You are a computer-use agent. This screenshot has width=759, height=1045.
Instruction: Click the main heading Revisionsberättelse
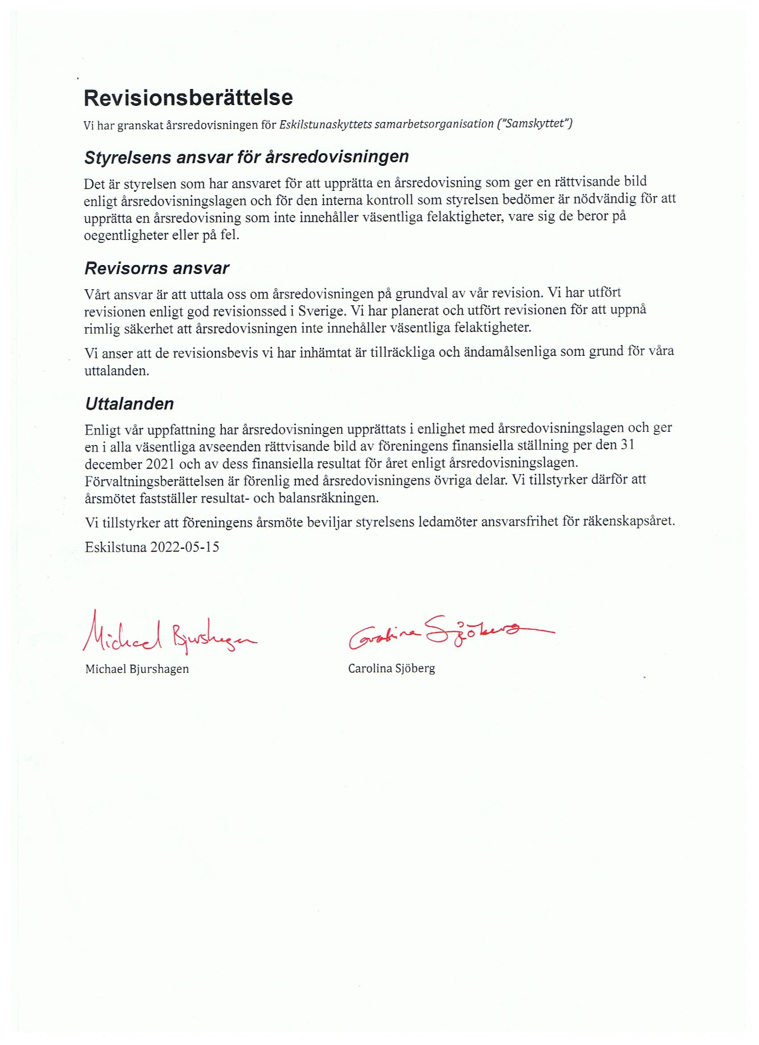(x=188, y=98)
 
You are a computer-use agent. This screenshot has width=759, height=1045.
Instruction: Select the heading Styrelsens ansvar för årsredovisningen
(x=246, y=157)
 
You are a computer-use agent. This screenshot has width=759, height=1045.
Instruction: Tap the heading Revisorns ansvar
(x=157, y=268)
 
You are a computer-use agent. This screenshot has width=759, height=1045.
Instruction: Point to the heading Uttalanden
(x=129, y=404)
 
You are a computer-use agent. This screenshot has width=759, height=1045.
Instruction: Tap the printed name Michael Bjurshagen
(x=137, y=669)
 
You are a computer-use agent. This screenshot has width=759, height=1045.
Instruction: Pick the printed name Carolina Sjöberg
(x=391, y=668)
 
